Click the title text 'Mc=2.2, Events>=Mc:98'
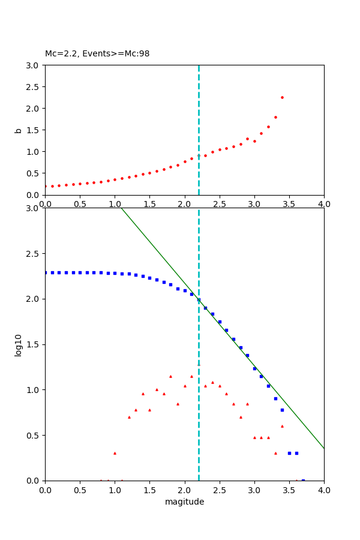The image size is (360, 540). [x=97, y=54]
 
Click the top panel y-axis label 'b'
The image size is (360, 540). [x=19, y=130]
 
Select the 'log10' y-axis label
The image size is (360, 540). [x=19, y=345]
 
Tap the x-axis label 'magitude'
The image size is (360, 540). [x=184, y=502]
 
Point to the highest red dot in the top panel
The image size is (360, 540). [x=282, y=97]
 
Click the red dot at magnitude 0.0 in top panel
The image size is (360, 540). [x=46, y=186]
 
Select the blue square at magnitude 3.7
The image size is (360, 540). [x=303, y=480]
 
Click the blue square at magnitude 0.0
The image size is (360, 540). [x=46, y=272]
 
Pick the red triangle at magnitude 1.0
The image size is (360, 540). [x=115, y=453]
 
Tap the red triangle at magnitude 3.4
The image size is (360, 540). [x=282, y=426]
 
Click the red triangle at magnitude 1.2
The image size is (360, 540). [x=129, y=417]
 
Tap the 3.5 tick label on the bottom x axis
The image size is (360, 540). [x=289, y=490]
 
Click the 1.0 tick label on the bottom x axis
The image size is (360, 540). [x=115, y=490]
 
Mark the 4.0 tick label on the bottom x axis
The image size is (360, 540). [x=324, y=490]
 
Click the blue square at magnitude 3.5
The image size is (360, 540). [x=289, y=453]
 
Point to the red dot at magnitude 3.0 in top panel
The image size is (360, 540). [x=254, y=141]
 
